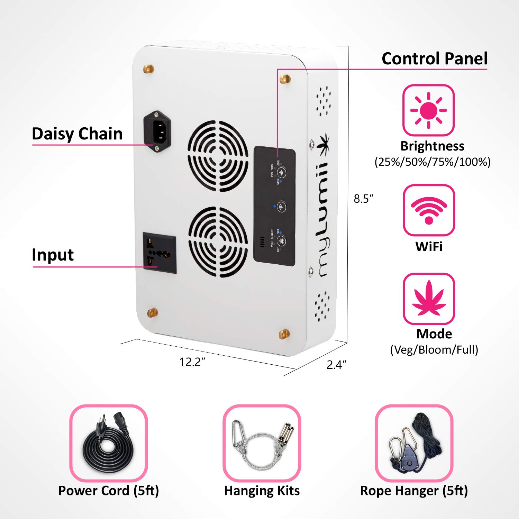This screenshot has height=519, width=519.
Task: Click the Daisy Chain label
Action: pos(77,134)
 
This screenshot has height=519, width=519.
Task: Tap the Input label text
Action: pos(53,255)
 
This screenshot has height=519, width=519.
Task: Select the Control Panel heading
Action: pos(434,58)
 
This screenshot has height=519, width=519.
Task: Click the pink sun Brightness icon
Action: pos(428,110)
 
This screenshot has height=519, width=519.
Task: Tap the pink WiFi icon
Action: pos(429,210)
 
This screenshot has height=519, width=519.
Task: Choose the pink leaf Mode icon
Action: pos(429,299)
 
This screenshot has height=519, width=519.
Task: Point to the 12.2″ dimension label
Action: pos(192,362)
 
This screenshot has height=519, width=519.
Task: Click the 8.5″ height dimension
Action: pos(364,199)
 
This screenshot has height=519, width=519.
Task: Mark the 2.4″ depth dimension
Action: pos(336,365)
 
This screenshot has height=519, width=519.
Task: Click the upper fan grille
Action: pos(218,156)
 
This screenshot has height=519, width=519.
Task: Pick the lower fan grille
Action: pos(218,242)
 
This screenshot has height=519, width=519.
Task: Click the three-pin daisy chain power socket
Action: pos(157,131)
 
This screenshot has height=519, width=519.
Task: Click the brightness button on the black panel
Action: pos(282,173)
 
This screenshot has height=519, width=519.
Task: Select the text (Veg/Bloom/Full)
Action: pos(434,350)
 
